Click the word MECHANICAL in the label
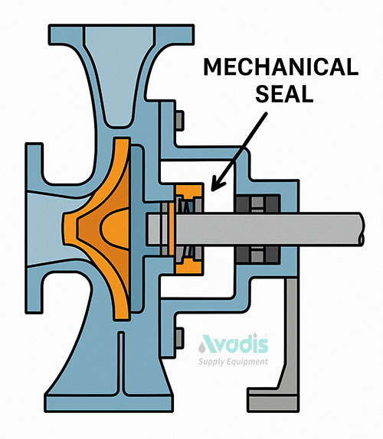pos(281,67)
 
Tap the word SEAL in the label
pos(284,94)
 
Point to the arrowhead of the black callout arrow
pos(217,184)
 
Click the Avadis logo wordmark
pos(234,344)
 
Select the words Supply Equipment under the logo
pos(234,362)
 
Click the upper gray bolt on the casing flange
pos(179,121)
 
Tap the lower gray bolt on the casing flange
pos(179,338)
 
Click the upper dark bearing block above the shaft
pos(257,203)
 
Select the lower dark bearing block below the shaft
pos(257,255)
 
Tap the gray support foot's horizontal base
pos(273,400)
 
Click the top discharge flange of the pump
pos(121,34)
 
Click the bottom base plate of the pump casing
pos(109,403)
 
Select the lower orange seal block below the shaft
pos(189,266)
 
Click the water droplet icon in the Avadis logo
pos(201,348)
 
